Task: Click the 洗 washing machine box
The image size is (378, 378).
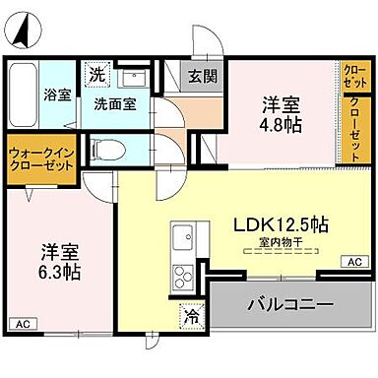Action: pyautogui.click(x=97, y=74)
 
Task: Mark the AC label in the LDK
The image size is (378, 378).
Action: pyautogui.click(x=352, y=262)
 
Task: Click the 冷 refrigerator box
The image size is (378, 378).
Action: pyautogui.click(x=187, y=318)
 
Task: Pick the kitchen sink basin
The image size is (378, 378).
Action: pyautogui.click(x=183, y=236)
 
